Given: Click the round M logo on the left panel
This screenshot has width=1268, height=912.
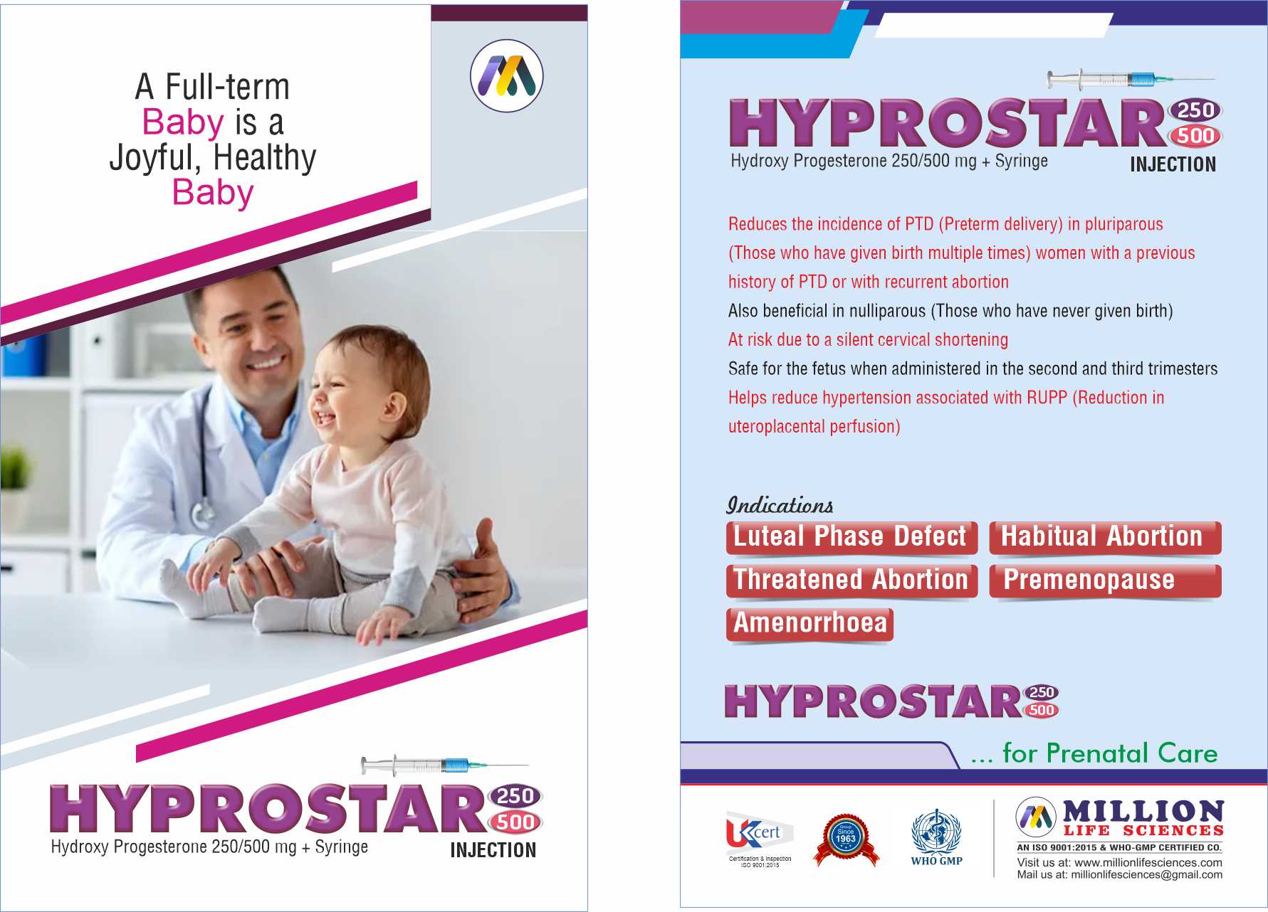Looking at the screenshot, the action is (x=507, y=76).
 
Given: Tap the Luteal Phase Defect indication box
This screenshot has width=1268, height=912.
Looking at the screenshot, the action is (x=852, y=537).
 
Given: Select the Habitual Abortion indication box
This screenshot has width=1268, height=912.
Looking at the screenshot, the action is (x=1105, y=537).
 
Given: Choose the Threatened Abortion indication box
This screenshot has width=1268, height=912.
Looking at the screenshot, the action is (x=852, y=580).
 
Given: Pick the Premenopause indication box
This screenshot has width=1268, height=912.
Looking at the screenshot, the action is (x=1105, y=580).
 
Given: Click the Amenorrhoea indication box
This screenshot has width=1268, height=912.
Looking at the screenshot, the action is (x=809, y=624).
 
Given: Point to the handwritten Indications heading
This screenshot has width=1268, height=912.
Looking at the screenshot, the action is (x=780, y=505).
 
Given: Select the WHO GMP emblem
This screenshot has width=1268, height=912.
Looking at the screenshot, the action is (x=936, y=837).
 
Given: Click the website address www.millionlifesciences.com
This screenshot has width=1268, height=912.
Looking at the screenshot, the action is (x=1148, y=862).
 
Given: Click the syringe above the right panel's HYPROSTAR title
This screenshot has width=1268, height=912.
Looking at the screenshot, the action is (x=1131, y=79).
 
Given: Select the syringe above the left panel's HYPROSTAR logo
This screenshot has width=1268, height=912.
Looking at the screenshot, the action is (x=444, y=765).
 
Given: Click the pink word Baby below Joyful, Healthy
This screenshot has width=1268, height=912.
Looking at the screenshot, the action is (x=213, y=193).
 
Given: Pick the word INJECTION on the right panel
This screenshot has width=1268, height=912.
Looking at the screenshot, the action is (x=1173, y=164).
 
